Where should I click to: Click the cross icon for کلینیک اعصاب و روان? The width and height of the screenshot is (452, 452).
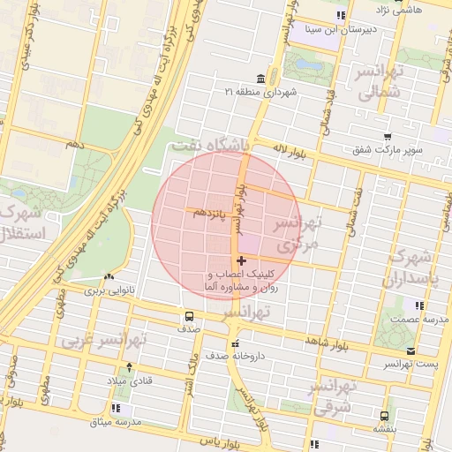(241, 260)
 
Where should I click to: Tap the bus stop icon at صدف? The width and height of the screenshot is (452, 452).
(188, 316)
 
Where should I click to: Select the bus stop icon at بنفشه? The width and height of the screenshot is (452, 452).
(383, 416)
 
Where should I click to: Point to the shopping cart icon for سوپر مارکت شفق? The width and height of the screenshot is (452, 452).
(388, 137)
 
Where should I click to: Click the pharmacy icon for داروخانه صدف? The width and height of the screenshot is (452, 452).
(234, 344)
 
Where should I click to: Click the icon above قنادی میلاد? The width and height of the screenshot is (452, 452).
(131, 365)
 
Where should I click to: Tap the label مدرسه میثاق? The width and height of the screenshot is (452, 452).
(110, 423)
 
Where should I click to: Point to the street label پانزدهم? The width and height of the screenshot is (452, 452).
(206, 214)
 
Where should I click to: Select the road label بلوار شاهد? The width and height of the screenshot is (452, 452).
(303, 340)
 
